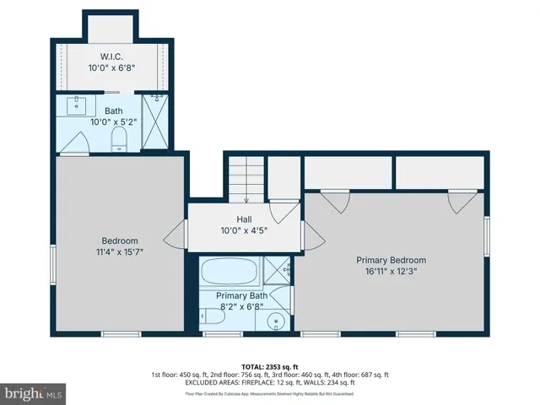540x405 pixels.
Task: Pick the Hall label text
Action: coord(244,219)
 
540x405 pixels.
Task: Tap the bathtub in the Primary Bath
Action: coord(230,273)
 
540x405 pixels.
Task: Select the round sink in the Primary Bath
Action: coord(276,321)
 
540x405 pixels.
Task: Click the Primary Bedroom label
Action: coord(391,260)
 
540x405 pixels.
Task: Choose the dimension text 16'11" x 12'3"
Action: coord(391,272)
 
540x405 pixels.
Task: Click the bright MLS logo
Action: coord(34,392)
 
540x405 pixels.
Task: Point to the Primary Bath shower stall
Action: coord(276,272)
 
